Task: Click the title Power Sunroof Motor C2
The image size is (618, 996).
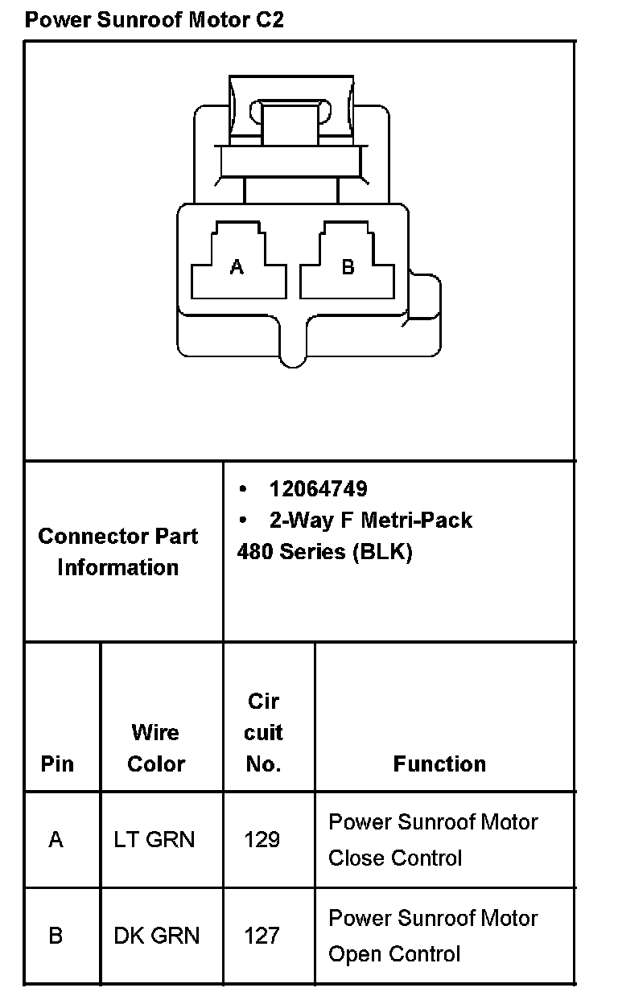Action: pos(154,19)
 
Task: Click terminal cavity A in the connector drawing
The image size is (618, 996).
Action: pos(237,265)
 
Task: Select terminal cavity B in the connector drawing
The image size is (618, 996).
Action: pos(348,265)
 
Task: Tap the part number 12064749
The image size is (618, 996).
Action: pos(318,488)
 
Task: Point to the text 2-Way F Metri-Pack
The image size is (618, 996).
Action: pos(370,520)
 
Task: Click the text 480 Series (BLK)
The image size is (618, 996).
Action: pos(324,553)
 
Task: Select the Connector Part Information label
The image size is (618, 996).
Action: pos(118,551)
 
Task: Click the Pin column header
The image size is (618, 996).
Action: pos(57,763)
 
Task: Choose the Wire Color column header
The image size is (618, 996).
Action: pos(156,747)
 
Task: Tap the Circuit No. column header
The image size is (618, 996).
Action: pos(263,732)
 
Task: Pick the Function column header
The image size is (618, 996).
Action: pos(439,763)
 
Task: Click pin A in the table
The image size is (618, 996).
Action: pos(56,840)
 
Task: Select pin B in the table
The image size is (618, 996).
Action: pos(56,936)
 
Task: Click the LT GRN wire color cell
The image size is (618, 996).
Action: pos(154,840)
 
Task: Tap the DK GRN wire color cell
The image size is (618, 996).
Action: pos(156,936)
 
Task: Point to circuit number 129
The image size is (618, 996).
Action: pos(262,840)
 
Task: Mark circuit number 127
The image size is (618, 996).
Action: pos(262,936)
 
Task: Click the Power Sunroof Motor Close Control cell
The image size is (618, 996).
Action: pos(433,840)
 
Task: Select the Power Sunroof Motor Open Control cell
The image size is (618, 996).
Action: pos(433,936)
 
